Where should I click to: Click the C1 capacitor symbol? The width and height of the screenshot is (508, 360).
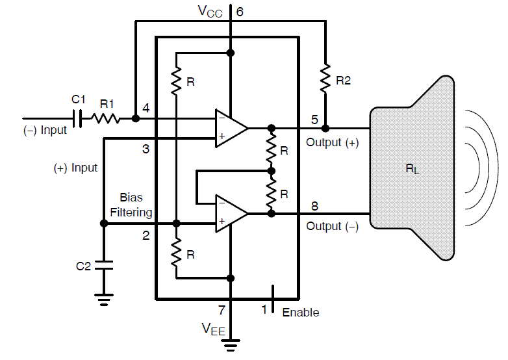click(x=79, y=119)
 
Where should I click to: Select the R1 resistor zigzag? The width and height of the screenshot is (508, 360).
click(x=106, y=119)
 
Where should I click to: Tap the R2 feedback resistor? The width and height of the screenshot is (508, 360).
click(x=325, y=80)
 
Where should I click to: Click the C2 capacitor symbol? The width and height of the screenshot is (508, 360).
click(x=103, y=265)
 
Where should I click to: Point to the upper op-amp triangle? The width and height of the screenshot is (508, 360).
click(x=231, y=127)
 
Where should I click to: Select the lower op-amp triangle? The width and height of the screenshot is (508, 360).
click(x=231, y=212)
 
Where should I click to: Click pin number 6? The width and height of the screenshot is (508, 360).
click(x=240, y=11)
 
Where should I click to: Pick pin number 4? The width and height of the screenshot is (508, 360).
click(x=146, y=107)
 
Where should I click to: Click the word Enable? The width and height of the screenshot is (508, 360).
click(x=301, y=313)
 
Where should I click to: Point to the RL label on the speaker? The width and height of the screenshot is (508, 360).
click(x=412, y=169)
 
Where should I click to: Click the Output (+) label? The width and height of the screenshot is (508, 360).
click(x=333, y=142)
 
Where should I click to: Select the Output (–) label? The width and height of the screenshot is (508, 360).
click(x=333, y=226)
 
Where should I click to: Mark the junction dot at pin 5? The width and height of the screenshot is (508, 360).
click(x=325, y=128)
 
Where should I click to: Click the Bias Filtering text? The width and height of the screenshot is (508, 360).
click(x=131, y=204)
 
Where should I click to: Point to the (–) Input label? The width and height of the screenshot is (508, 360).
click(x=45, y=130)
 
